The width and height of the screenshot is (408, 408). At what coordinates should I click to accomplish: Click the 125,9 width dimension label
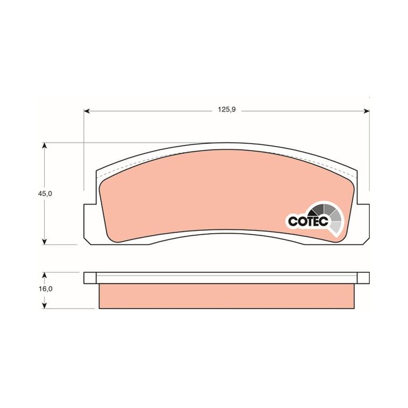coord(226,110)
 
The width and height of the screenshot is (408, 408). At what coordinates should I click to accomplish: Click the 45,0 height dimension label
coord(45,194)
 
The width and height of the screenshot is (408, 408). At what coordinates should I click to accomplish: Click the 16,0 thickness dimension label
coord(45,289)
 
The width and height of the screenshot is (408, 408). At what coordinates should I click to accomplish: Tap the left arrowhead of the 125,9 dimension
coord(87,111)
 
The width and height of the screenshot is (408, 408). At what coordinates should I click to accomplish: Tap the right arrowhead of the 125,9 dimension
coord(366,111)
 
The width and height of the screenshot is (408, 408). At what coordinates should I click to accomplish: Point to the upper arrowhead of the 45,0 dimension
coord(45,145)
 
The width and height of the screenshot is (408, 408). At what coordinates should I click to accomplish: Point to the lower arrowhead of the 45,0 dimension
coord(45,241)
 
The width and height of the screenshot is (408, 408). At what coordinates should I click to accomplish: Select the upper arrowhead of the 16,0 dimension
coord(45,275)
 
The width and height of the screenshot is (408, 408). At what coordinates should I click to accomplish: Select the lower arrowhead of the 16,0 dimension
coord(45,305)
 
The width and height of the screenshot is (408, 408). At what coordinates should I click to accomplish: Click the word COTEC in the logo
coord(308,221)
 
